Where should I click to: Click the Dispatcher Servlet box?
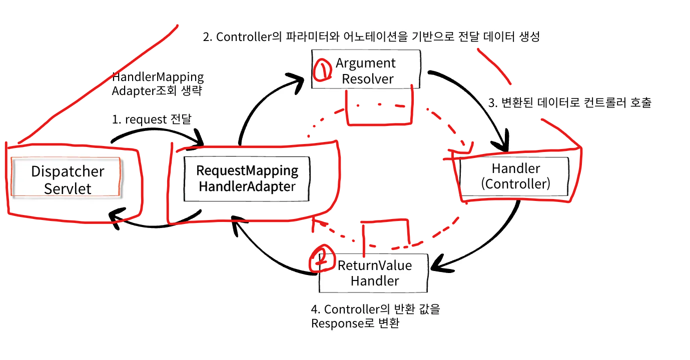click(67, 179)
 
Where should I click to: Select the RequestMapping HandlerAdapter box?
click(247, 178)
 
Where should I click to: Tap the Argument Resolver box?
click(365, 70)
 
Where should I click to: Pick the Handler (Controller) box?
click(515, 176)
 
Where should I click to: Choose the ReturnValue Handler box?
click(374, 273)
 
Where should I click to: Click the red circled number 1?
click(322, 70)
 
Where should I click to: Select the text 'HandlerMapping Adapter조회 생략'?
click(158, 84)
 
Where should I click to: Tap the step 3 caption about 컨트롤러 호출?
click(569, 103)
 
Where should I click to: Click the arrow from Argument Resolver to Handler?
click(480, 100)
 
